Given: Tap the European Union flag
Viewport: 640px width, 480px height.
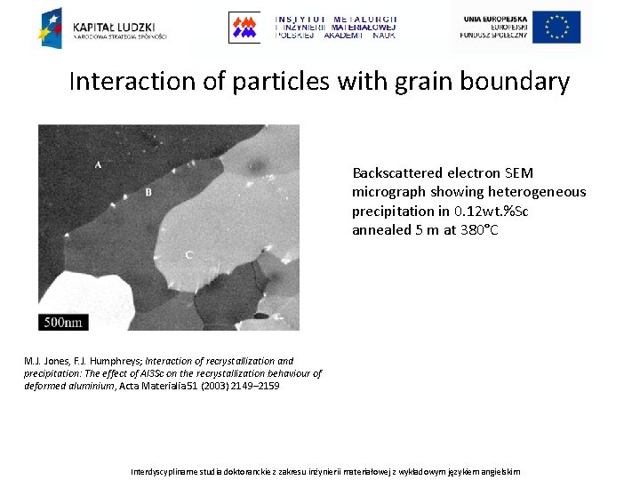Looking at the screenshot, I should point(557,28).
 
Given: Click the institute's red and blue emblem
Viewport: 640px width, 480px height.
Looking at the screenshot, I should point(244,28).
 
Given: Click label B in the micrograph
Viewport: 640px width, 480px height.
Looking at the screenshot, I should point(148,192).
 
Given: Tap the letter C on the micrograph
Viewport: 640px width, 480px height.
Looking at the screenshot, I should point(188,255).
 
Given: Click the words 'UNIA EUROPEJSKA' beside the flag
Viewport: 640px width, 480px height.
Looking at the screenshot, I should point(493,19).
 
